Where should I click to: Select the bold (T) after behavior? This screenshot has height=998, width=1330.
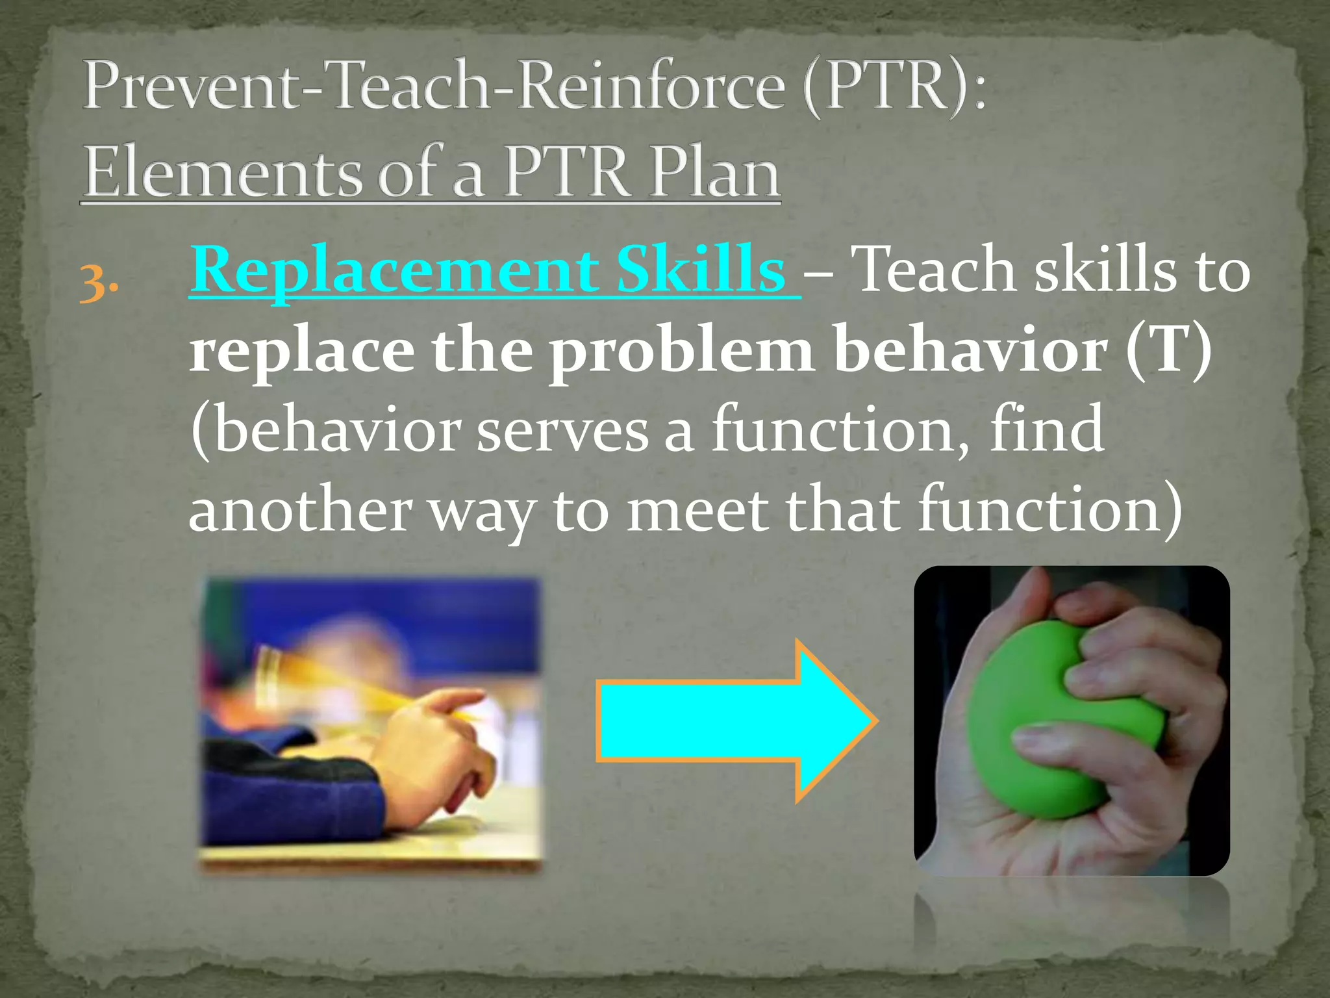[1169, 351]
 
